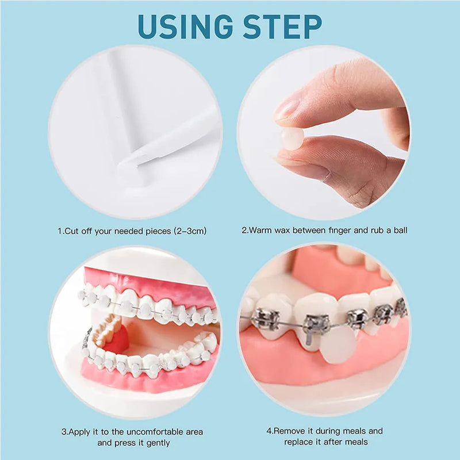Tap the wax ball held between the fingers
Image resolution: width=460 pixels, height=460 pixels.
pos(292,139)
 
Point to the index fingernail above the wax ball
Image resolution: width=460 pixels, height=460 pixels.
pos(287,108)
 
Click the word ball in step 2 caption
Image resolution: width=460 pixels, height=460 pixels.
pos(398,231)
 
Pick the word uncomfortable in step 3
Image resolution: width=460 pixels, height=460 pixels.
pos(141,431)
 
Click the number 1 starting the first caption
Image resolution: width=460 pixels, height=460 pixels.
pos(60,231)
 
